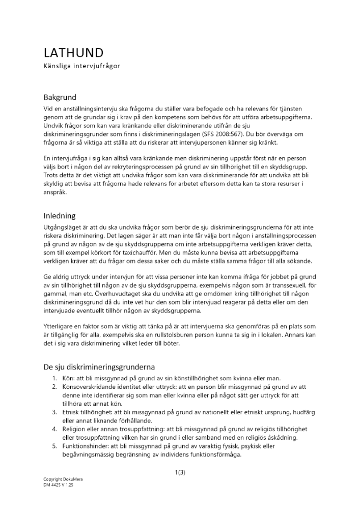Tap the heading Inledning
click(59, 216)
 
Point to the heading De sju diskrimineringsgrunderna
click(99, 367)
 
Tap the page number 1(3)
click(180, 472)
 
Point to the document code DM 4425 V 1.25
click(59, 485)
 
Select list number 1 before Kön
click(54, 378)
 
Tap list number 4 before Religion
click(54, 429)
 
